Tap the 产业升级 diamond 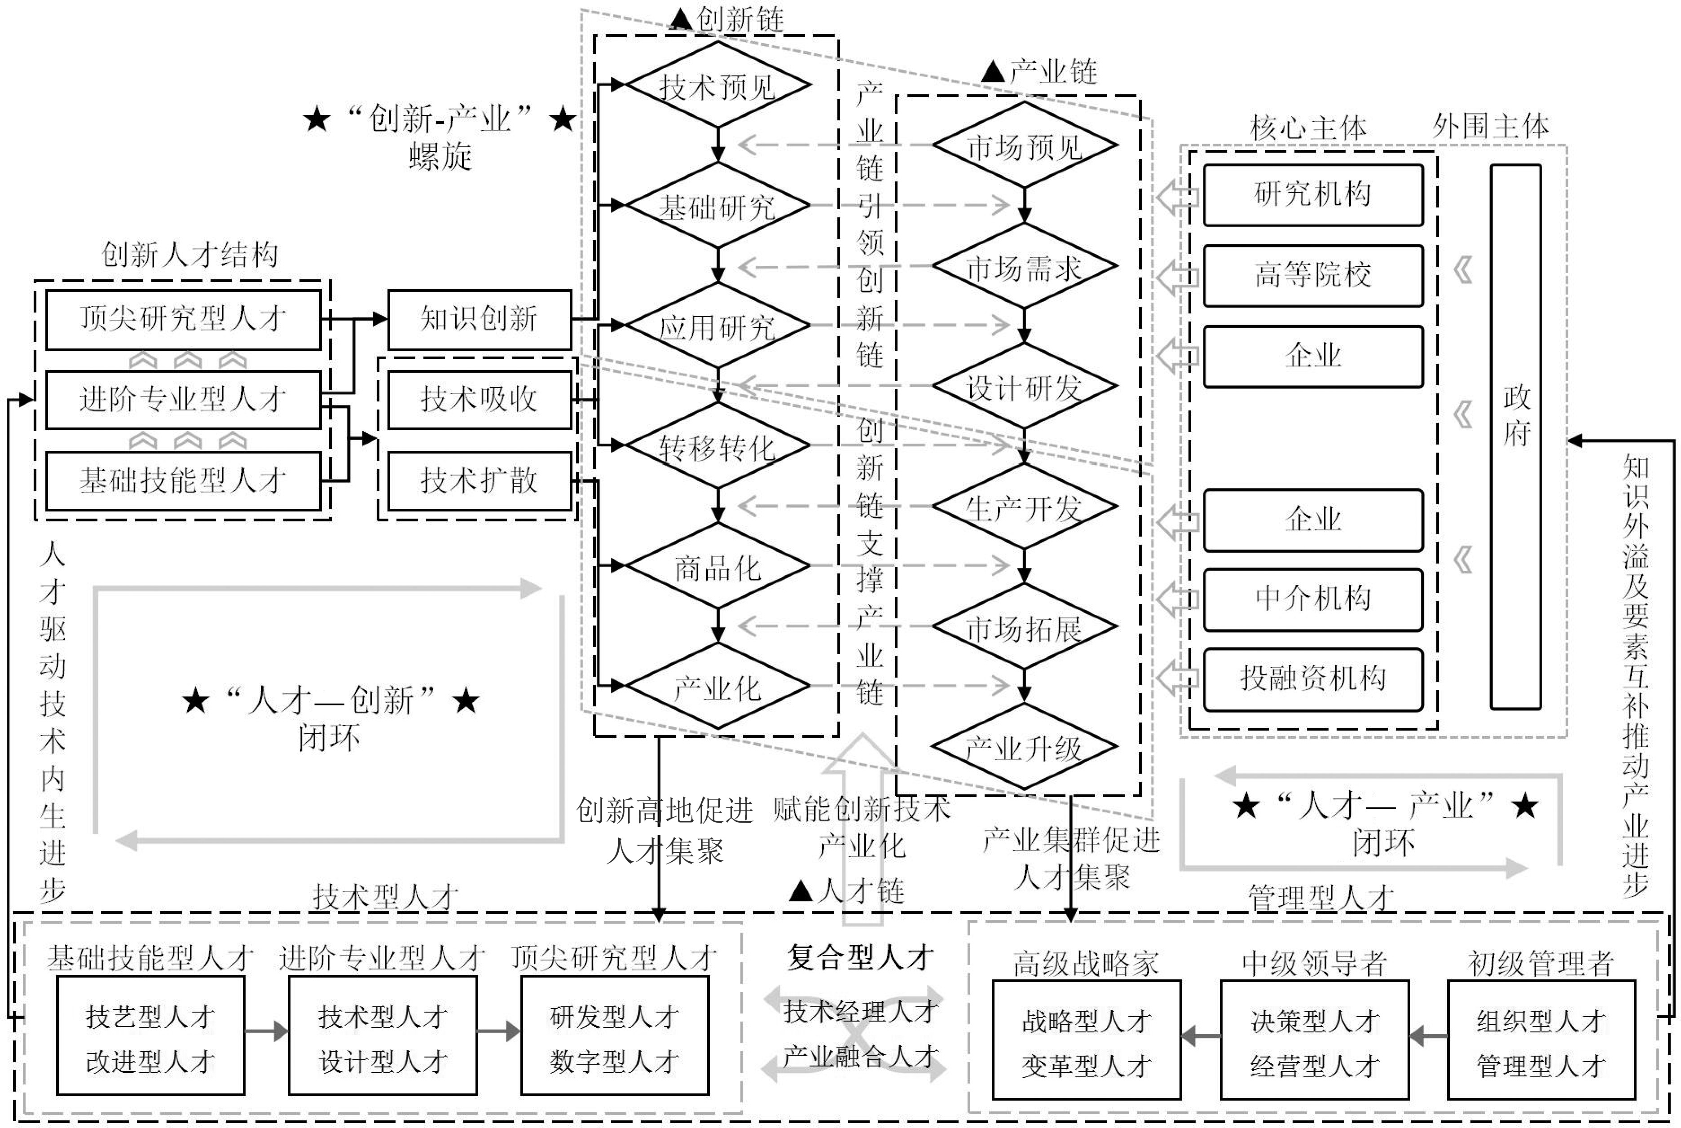click(x=1024, y=748)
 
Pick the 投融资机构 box click(x=1313, y=679)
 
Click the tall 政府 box click(x=1516, y=436)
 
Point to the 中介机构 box click(x=1313, y=599)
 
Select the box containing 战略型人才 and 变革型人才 click(x=1086, y=1040)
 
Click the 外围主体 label click(x=1490, y=127)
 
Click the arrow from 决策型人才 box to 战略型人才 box click(x=1201, y=1037)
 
